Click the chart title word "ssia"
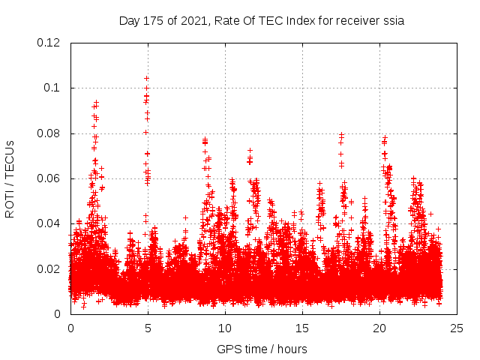392,21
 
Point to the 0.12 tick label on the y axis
49,43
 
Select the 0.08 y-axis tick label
49,133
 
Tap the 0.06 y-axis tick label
49,178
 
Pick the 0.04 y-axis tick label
49,224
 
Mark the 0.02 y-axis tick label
49,269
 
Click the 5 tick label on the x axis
148,328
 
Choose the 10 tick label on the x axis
225,328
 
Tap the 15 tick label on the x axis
302,328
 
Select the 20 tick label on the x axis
379,328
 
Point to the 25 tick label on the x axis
457,328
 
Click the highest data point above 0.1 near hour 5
146,78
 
